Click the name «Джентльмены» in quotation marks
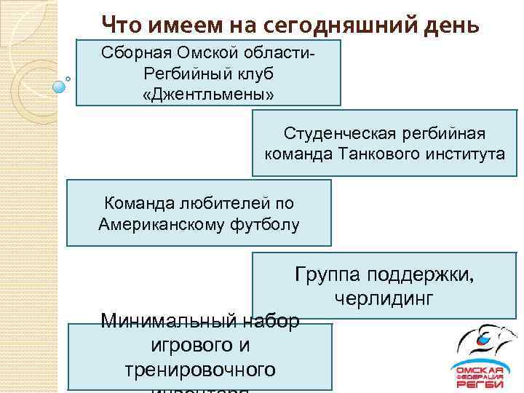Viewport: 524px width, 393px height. (209, 95)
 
